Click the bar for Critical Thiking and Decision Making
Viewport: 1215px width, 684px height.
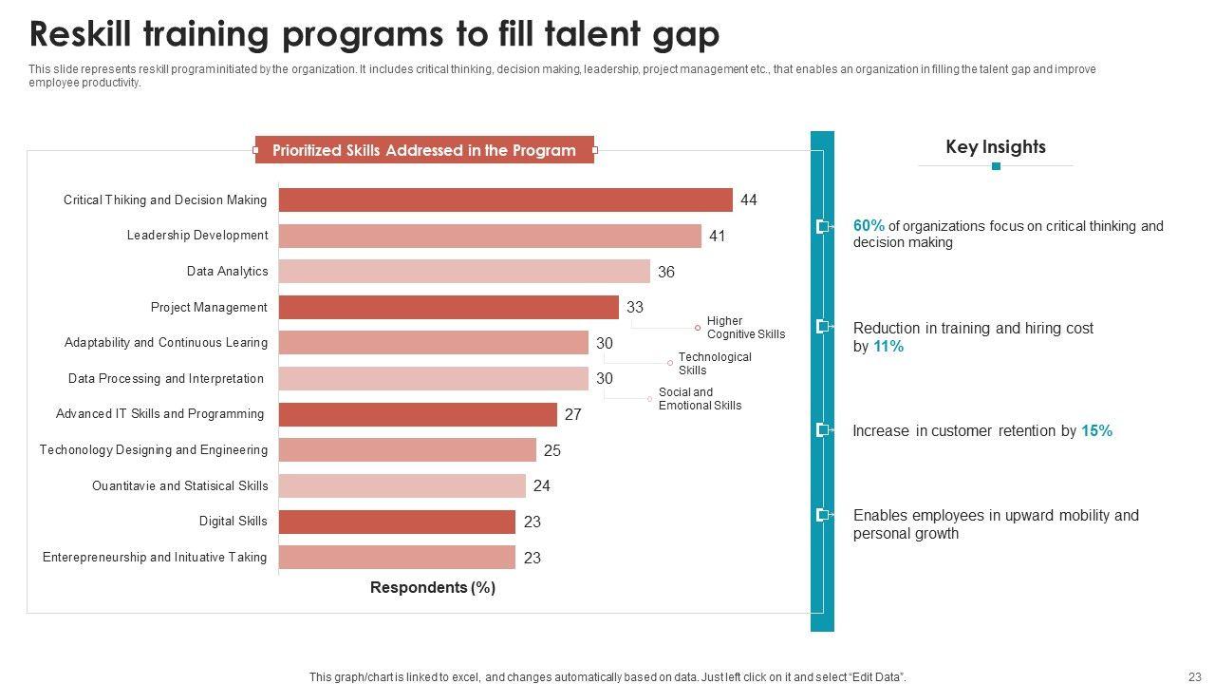[x=505, y=199]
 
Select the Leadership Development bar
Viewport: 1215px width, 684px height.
[x=490, y=236]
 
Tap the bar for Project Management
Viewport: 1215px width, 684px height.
[x=448, y=307]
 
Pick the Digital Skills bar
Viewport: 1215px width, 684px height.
[x=397, y=522]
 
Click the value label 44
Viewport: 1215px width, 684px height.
[x=749, y=199]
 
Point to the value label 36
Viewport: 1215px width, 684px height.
[x=666, y=272]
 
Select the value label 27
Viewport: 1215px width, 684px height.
[x=573, y=414]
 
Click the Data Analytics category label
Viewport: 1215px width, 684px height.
[x=228, y=272]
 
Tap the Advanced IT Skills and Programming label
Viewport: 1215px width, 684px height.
[x=160, y=414]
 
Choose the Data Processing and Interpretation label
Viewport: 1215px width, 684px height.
[x=166, y=379]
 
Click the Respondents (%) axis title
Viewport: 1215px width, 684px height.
[x=433, y=587]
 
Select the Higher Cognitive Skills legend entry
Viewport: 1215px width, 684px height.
[x=745, y=328]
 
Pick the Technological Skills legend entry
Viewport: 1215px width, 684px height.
[x=714, y=364]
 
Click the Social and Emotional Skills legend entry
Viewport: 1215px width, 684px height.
[x=700, y=399]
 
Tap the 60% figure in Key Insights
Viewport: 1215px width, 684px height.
[x=869, y=226]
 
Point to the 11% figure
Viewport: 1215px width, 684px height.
[x=888, y=347]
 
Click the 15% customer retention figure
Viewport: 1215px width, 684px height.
[x=1096, y=431]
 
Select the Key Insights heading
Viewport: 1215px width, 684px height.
[x=996, y=147]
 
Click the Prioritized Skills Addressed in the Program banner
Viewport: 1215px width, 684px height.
[x=424, y=150]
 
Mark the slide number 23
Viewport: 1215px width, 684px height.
[x=1194, y=676]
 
